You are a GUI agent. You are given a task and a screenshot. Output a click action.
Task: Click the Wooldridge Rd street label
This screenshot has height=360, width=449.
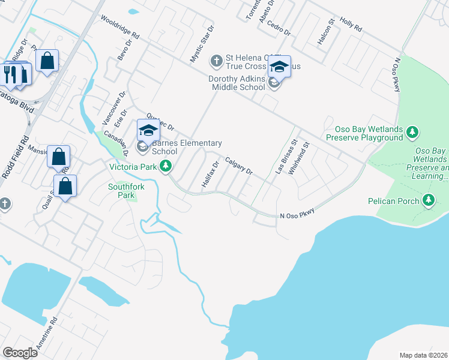coord(120,28)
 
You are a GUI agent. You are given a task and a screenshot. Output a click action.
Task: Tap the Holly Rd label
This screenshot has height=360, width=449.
coord(351,25)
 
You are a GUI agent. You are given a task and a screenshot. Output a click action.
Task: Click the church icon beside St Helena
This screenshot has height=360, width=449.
coord(217,60)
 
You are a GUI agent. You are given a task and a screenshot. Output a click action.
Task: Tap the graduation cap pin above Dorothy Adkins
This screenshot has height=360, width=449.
coord(279,67)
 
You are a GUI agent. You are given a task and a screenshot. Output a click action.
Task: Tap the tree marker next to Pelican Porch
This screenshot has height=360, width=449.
coord(428,199)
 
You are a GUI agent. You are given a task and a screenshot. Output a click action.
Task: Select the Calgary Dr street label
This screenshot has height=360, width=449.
coord(239,166)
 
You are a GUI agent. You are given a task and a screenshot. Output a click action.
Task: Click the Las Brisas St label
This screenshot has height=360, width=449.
coord(287,158)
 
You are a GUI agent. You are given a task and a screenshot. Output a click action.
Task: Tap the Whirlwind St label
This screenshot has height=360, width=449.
coord(298,158)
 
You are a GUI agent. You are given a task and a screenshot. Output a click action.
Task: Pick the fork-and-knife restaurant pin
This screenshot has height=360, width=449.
coord(10,73)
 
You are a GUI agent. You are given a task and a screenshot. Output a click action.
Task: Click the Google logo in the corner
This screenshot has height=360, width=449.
coord(20,352)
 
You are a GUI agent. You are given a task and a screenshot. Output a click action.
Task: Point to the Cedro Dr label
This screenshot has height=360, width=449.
coord(279,27)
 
